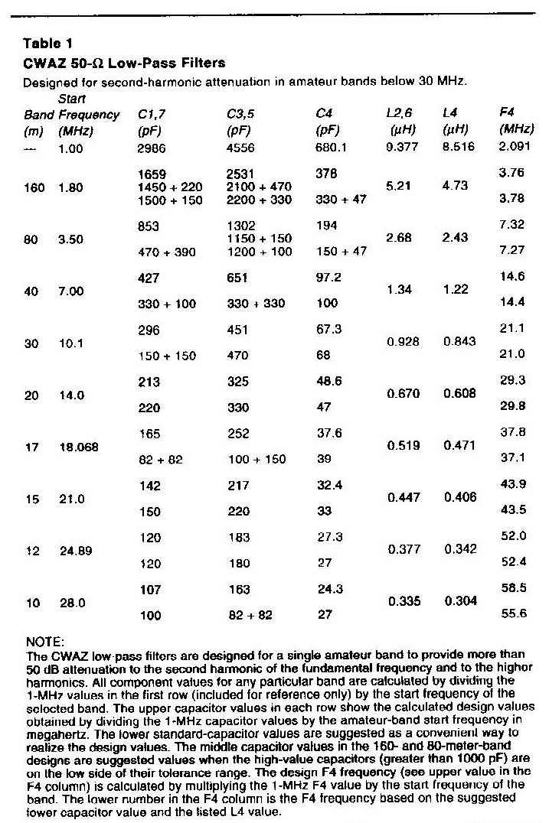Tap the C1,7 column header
coord(152,115)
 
